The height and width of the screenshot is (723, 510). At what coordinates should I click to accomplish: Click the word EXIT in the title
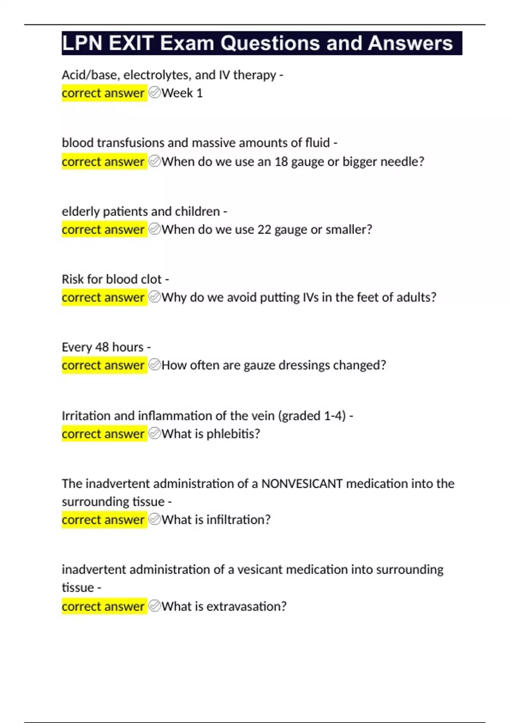(130, 43)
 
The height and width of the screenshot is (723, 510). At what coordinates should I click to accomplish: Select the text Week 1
(182, 93)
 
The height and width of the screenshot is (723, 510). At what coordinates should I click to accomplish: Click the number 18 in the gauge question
(281, 162)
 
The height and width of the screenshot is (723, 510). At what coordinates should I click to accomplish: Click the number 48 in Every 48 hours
(102, 347)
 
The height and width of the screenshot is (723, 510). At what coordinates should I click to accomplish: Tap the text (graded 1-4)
(312, 416)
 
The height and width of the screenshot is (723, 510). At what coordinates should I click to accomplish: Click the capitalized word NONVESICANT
(302, 484)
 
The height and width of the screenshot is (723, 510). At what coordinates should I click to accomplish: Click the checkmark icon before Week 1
(155, 93)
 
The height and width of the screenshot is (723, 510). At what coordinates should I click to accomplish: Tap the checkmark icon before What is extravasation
(155, 606)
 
